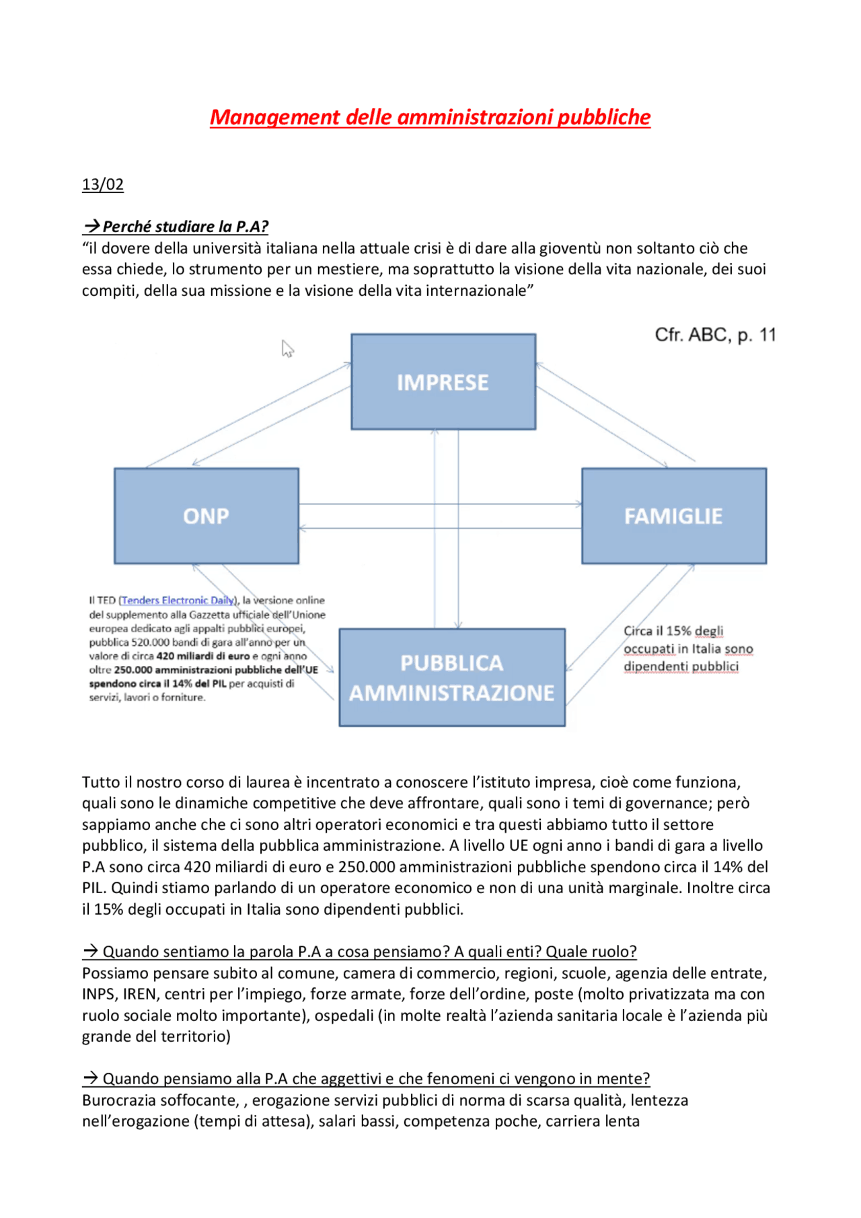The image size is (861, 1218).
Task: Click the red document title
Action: pyautogui.click(x=430, y=117)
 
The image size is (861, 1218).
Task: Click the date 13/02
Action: pyautogui.click(x=102, y=184)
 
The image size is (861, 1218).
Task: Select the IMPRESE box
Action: pyautogui.click(x=443, y=381)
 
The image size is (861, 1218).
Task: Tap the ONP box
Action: pyautogui.click(x=206, y=516)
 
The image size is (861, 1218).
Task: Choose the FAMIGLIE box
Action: pyautogui.click(x=673, y=516)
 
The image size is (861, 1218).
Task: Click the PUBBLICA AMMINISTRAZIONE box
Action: pyautogui.click(x=451, y=677)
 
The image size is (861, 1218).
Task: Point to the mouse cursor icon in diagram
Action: pyautogui.click(x=287, y=348)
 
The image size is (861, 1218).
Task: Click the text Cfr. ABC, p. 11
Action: pyautogui.click(x=715, y=335)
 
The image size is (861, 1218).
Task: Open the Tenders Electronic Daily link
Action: pyautogui.click(x=178, y=600)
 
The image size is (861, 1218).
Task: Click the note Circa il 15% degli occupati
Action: pyautogui.click(x=687, y=648)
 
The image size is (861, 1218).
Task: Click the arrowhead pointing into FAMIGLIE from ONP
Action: pyautogui.click(x=578, y=504)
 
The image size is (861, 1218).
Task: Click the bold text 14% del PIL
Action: pyautogui.click(x=199, y=683)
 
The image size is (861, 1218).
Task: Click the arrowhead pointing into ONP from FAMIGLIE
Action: pyautogui.click(x=302, y=529)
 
